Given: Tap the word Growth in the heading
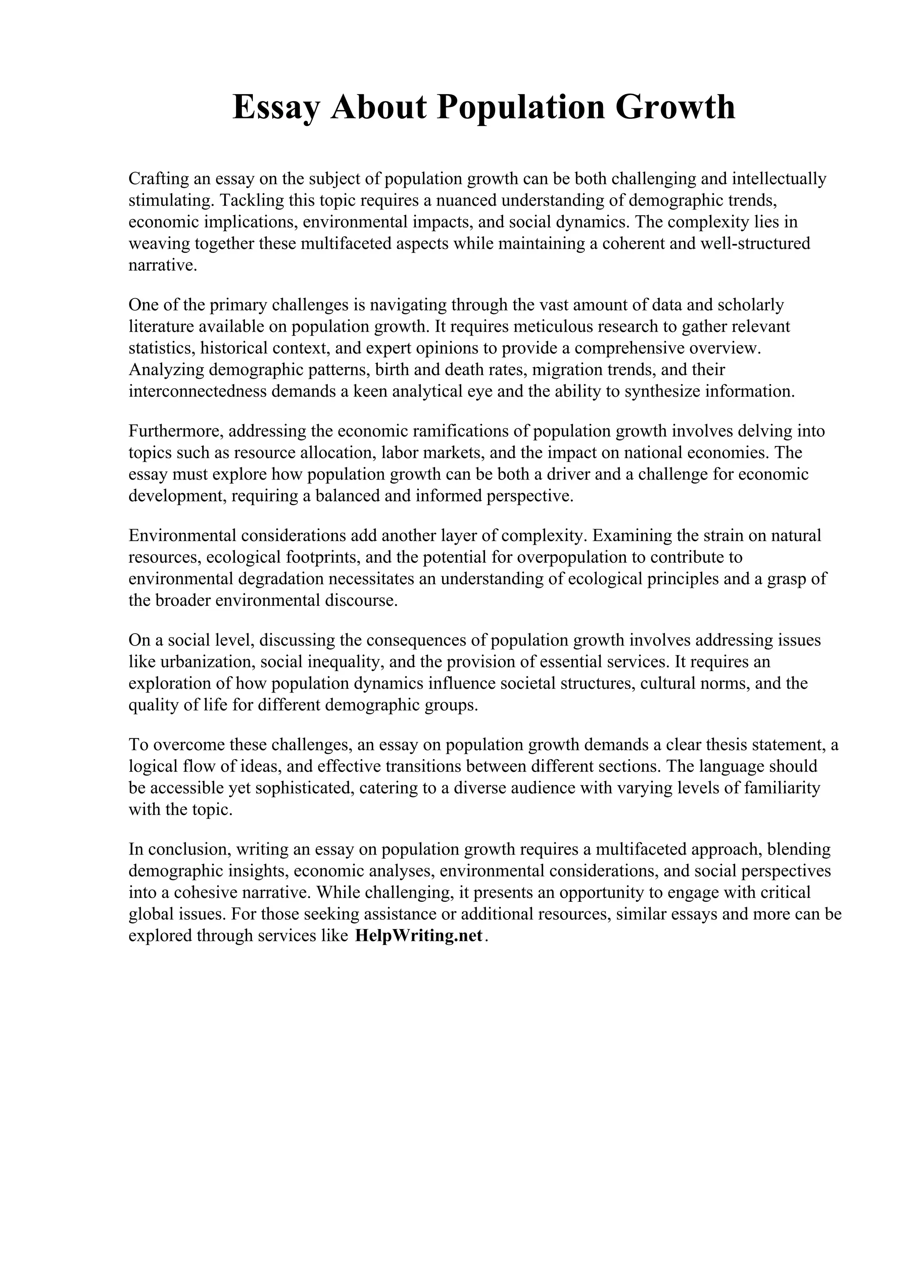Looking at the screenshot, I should [675, 107].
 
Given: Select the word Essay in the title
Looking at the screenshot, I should [276, 107].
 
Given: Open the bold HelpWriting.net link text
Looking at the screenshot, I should [418, 936].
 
